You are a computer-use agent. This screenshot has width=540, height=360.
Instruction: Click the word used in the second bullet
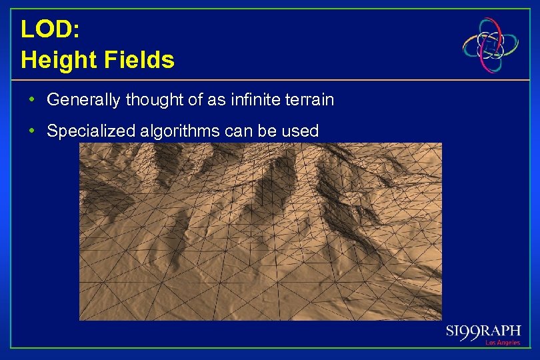(302, 131)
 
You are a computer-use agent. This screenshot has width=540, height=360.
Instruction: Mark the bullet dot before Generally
(32, 101)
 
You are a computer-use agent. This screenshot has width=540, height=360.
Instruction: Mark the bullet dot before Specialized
(32, 131)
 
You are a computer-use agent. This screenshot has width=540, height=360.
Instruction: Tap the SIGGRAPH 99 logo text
(483, 332)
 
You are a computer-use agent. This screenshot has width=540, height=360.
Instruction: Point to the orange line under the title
(267, 80)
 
